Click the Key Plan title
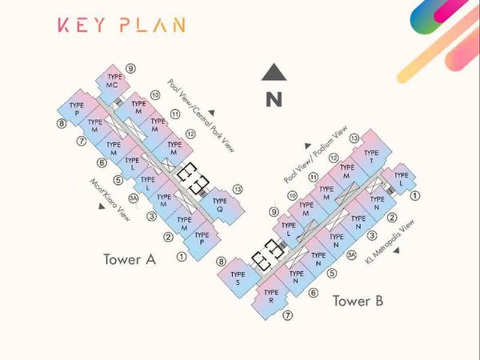[x=122, y=25]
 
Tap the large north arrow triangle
[x=274, y=73]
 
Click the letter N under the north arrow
[x=274, y=99]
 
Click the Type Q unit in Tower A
[x=221, y=205]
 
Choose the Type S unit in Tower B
[x=238, y=278]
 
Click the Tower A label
[x=130, y=259]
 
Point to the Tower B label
[x=358, y=301]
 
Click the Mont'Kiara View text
[x=110, y=200]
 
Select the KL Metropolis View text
[x=389, y=242]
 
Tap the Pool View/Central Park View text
[x=201, y=116]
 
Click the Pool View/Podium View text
[x=316, y=154]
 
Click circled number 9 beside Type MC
[x=131, y=68]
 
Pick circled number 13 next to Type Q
[x=238, y=190]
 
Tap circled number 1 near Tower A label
[x=182, y=257]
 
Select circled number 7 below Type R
[x=287, y=315]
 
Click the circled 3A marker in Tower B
[x=352, y=255]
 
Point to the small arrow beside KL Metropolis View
[x=397, y=250]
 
